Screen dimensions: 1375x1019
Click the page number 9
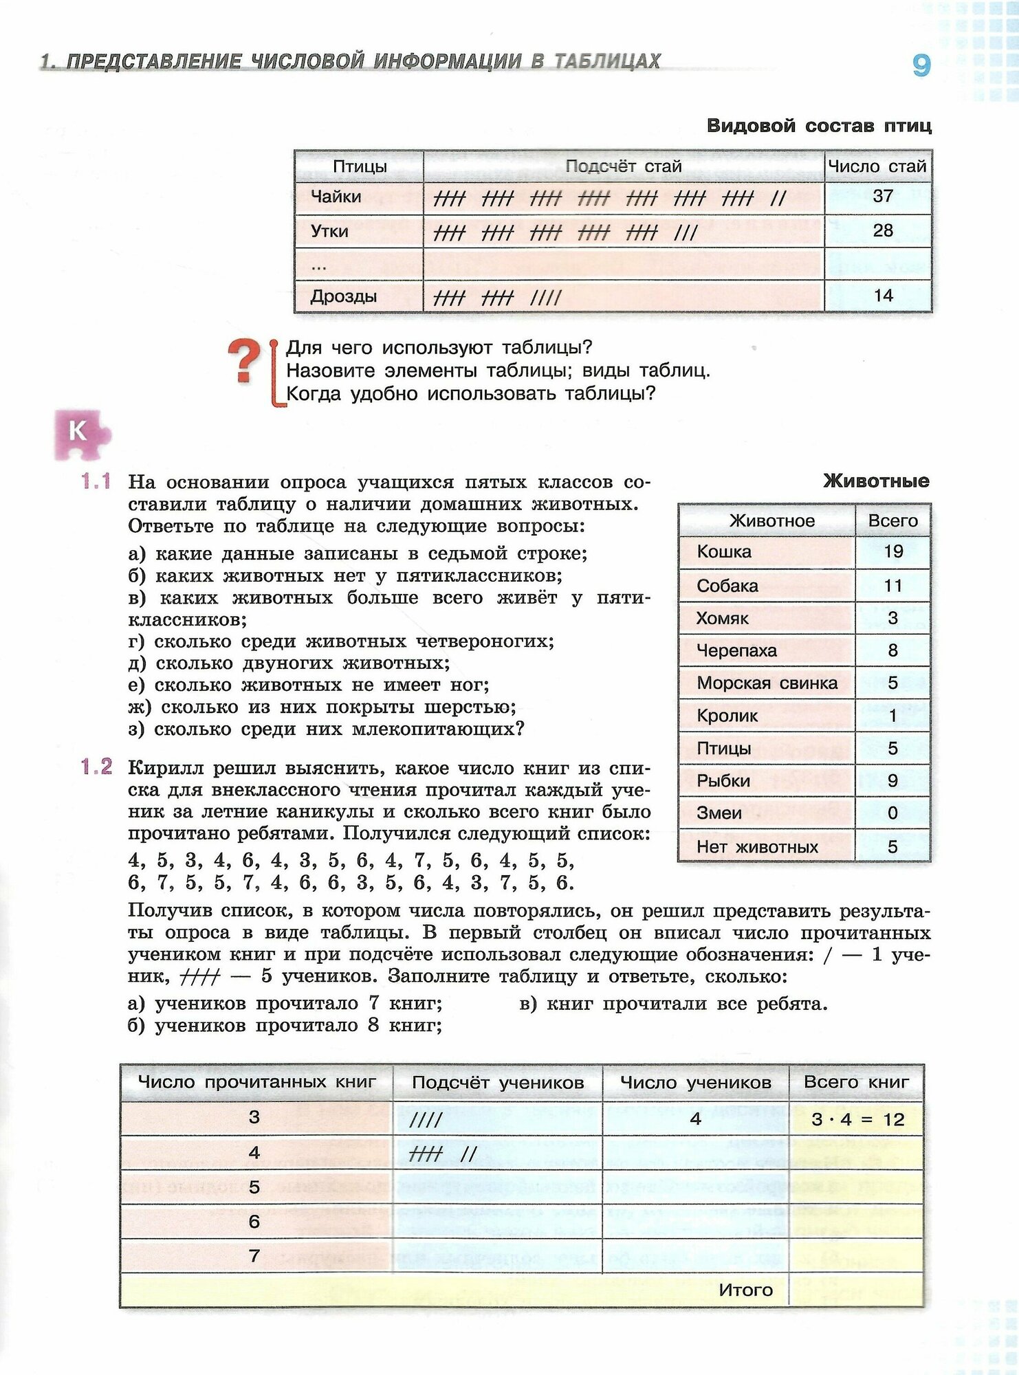(921, 65)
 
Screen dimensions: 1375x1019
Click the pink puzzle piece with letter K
(80, 433)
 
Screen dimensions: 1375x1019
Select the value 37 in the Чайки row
(882, 197)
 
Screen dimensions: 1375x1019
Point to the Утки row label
(329, 232)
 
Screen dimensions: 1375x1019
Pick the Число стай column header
(877, 166)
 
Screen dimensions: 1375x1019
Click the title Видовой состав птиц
(819, 126)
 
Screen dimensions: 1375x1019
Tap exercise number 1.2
(96, 767)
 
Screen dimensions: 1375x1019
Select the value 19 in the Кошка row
(892, 551)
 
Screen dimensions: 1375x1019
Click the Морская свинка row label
(767, 683)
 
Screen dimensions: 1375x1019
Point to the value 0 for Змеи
(892, 813)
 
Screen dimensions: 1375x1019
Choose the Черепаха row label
(736, 650)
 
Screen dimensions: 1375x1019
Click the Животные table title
(875, 481)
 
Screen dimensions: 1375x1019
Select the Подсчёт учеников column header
(498, 1083)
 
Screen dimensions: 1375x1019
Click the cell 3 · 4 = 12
(857, 1119)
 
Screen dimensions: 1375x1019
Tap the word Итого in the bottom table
(745, 1290)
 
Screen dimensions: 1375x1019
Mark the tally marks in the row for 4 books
(442, 1153)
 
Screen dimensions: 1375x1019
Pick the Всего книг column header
(856, 1082)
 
